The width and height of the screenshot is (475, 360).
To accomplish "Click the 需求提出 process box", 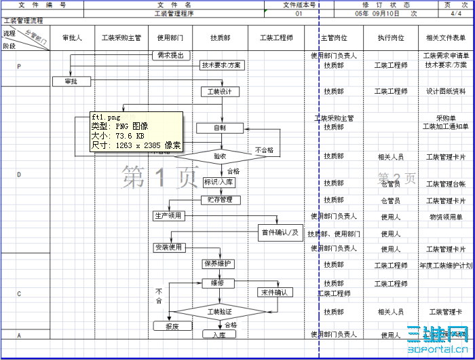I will point(170,56).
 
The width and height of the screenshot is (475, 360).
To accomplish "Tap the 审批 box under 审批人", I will point(71,82).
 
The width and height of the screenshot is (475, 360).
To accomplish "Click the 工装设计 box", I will point(220,92).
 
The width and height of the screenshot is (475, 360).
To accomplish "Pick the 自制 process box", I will point(220,128).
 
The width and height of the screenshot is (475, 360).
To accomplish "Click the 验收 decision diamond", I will point(220,156).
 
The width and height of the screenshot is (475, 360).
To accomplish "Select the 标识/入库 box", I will point(220,182).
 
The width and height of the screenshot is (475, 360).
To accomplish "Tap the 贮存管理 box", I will point(220,200).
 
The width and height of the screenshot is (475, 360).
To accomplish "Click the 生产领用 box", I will point(168,216).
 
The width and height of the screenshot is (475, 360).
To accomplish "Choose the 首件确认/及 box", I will point(280,233).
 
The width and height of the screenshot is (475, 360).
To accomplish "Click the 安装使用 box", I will point(168,248).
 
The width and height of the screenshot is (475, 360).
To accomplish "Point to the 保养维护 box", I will point(218,264).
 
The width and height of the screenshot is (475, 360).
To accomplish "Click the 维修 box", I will point(218,283).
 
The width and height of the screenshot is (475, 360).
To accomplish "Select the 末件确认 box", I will point(275,293).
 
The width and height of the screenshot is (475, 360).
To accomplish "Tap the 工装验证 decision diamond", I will point(220,312).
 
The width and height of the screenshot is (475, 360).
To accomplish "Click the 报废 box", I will point(172,327).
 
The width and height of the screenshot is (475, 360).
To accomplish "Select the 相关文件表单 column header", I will point(446,38).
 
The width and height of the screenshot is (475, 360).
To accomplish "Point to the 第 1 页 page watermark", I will point(160,178).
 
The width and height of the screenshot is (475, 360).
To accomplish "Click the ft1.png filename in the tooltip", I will point(106,118).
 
